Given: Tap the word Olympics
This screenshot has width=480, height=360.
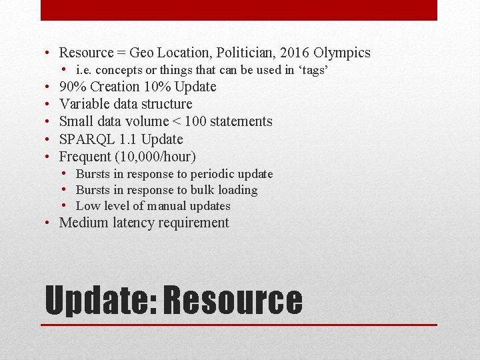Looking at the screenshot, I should coord(342,53).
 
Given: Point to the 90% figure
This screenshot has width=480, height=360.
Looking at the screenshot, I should coord(73,87).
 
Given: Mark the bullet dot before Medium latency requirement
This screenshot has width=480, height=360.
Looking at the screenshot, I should coord(50,223).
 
